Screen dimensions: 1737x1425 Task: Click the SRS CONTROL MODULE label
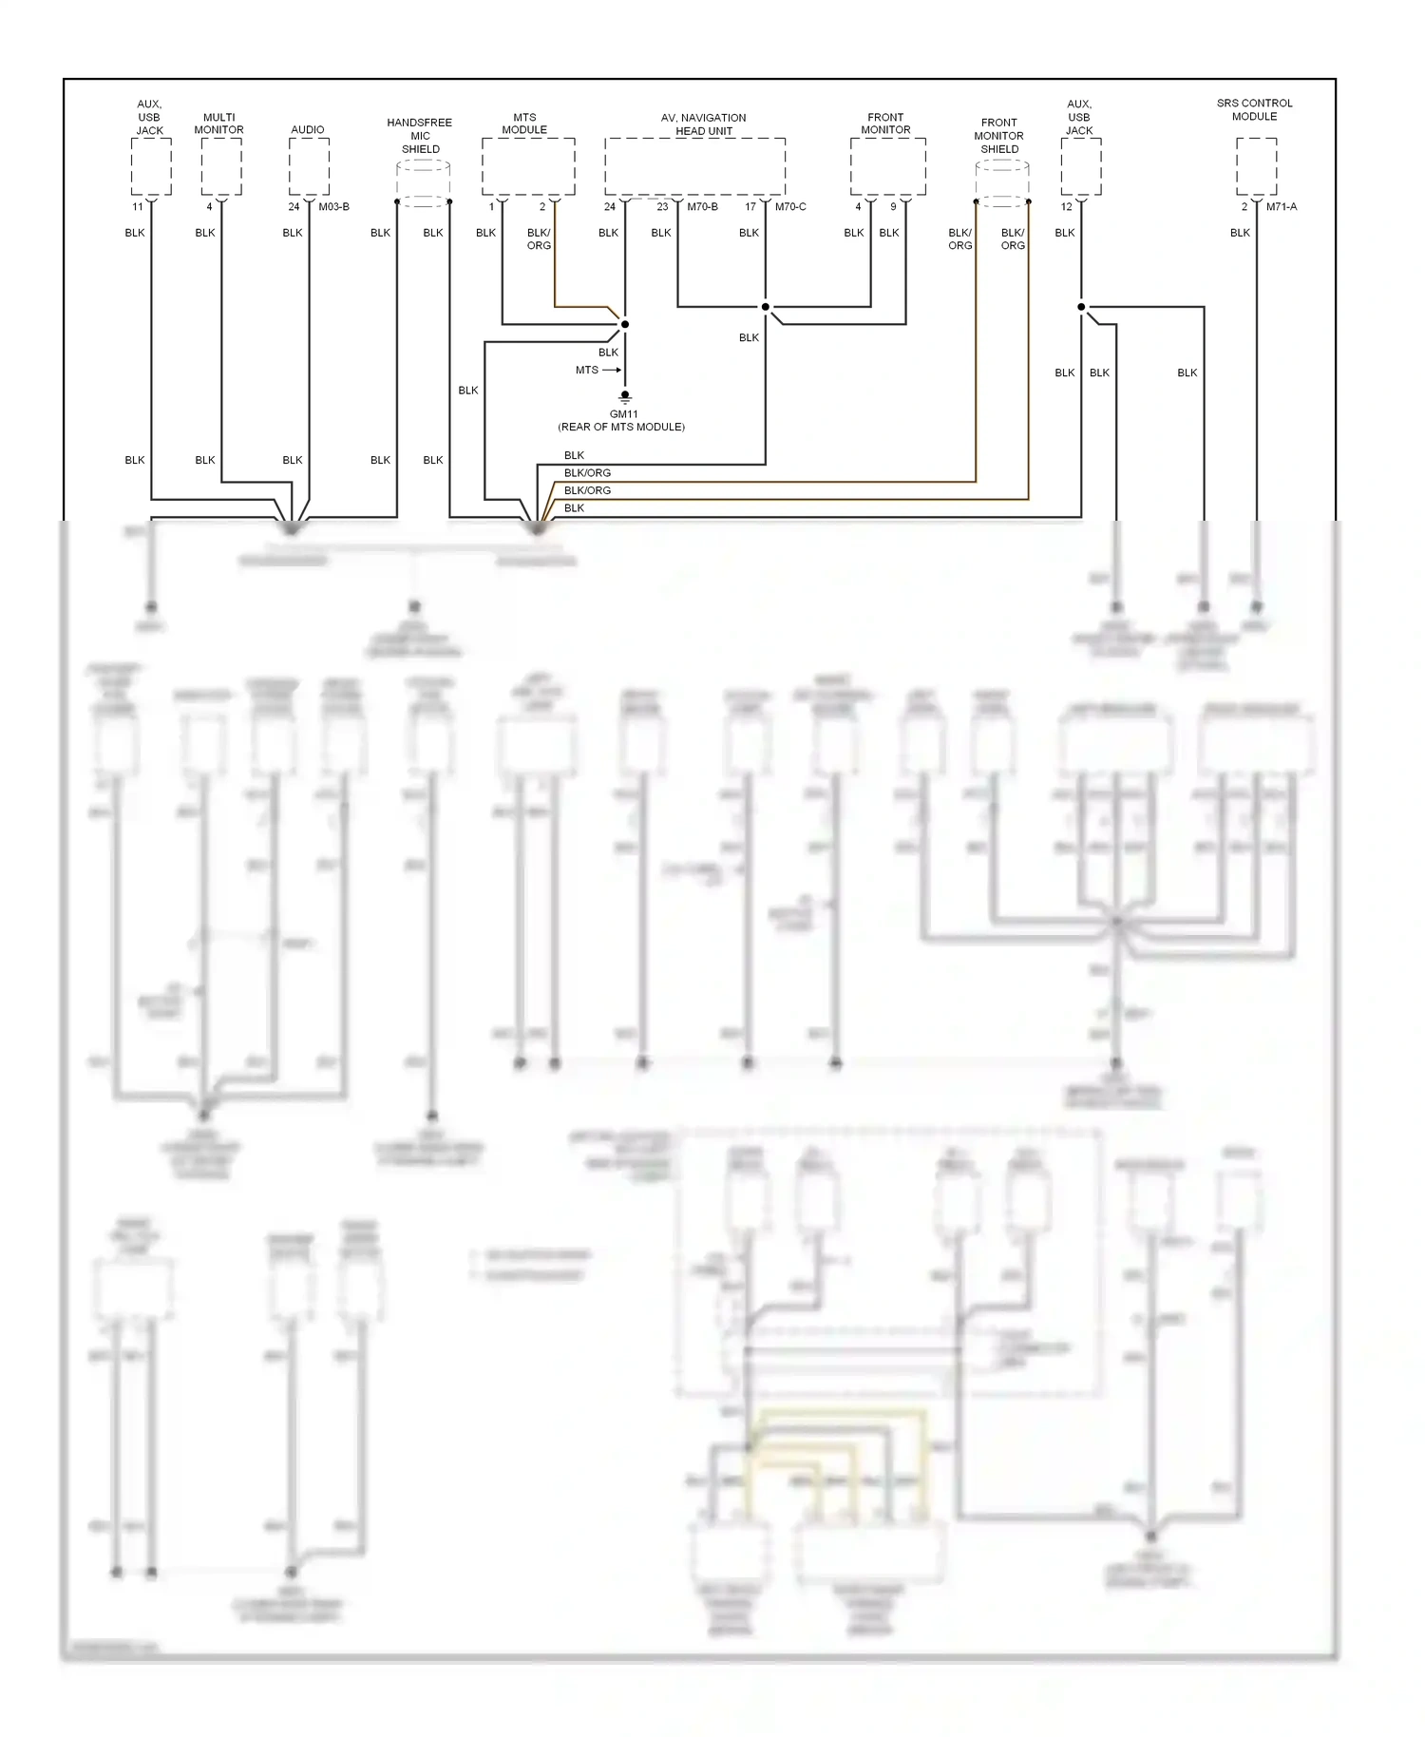coord(1254,109)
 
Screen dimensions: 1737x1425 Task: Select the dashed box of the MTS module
coord(527,166)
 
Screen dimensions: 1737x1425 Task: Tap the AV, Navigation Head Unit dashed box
coord(694,166)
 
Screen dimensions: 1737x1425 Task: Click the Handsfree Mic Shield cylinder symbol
coord(423,183)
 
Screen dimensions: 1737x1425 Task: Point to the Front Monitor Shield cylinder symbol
coord(1002,183)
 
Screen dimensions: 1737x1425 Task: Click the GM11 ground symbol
coord(625,396)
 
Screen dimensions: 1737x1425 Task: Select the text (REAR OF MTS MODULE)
coord(621,428)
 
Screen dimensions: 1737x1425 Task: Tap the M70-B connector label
coord(702,207)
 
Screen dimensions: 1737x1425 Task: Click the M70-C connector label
coord(790,207)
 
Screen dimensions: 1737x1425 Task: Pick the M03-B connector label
coord(333,207)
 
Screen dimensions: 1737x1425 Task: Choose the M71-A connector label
coord(1281,207)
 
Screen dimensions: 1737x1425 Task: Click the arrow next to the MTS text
coord(611,370)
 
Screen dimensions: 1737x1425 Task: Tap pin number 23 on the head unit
coord(662,207)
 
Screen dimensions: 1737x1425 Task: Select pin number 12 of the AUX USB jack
coord(1066,207)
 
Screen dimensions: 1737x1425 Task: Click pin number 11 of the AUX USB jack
coord(138,207)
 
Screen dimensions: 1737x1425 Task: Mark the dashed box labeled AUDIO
coord(309,166)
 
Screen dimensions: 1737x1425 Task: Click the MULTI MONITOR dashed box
coord(221,166)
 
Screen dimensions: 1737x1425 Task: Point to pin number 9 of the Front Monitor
coord(893,207)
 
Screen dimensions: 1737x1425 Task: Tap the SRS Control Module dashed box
coord(1256,166)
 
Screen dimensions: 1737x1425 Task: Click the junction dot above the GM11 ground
coord(625,324)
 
